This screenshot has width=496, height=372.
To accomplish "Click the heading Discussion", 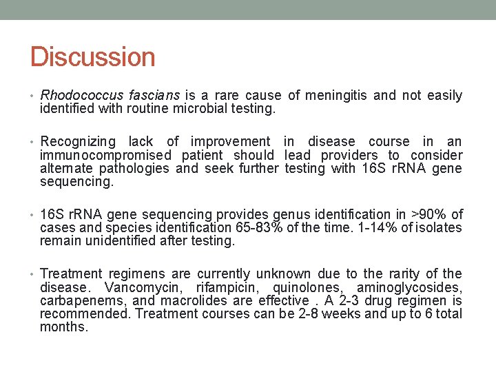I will (92, 56).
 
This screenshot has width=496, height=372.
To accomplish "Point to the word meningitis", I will (338, 95).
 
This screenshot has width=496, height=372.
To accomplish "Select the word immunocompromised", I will (105, 155).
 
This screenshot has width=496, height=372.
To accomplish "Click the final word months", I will (64, 327).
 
